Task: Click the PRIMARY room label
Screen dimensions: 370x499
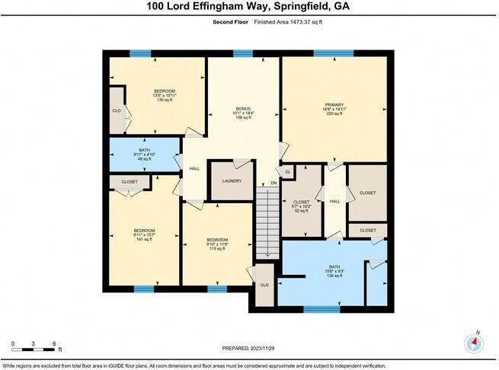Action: (334, 104)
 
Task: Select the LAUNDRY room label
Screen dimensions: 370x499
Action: (232, 180)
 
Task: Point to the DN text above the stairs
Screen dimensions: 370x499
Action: (274, 183)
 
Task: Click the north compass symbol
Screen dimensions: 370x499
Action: (476, 343)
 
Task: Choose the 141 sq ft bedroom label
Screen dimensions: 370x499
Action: (145, 240)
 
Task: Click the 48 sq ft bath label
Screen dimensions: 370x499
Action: (145, 158)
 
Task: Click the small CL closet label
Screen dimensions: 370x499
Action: (287, 172)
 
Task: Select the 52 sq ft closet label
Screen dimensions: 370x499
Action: (302, 211)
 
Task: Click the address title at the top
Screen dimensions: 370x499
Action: (249, 8)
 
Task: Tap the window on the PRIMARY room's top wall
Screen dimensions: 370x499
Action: (333, 53)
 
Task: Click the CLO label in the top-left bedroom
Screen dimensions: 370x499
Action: (117, 111)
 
